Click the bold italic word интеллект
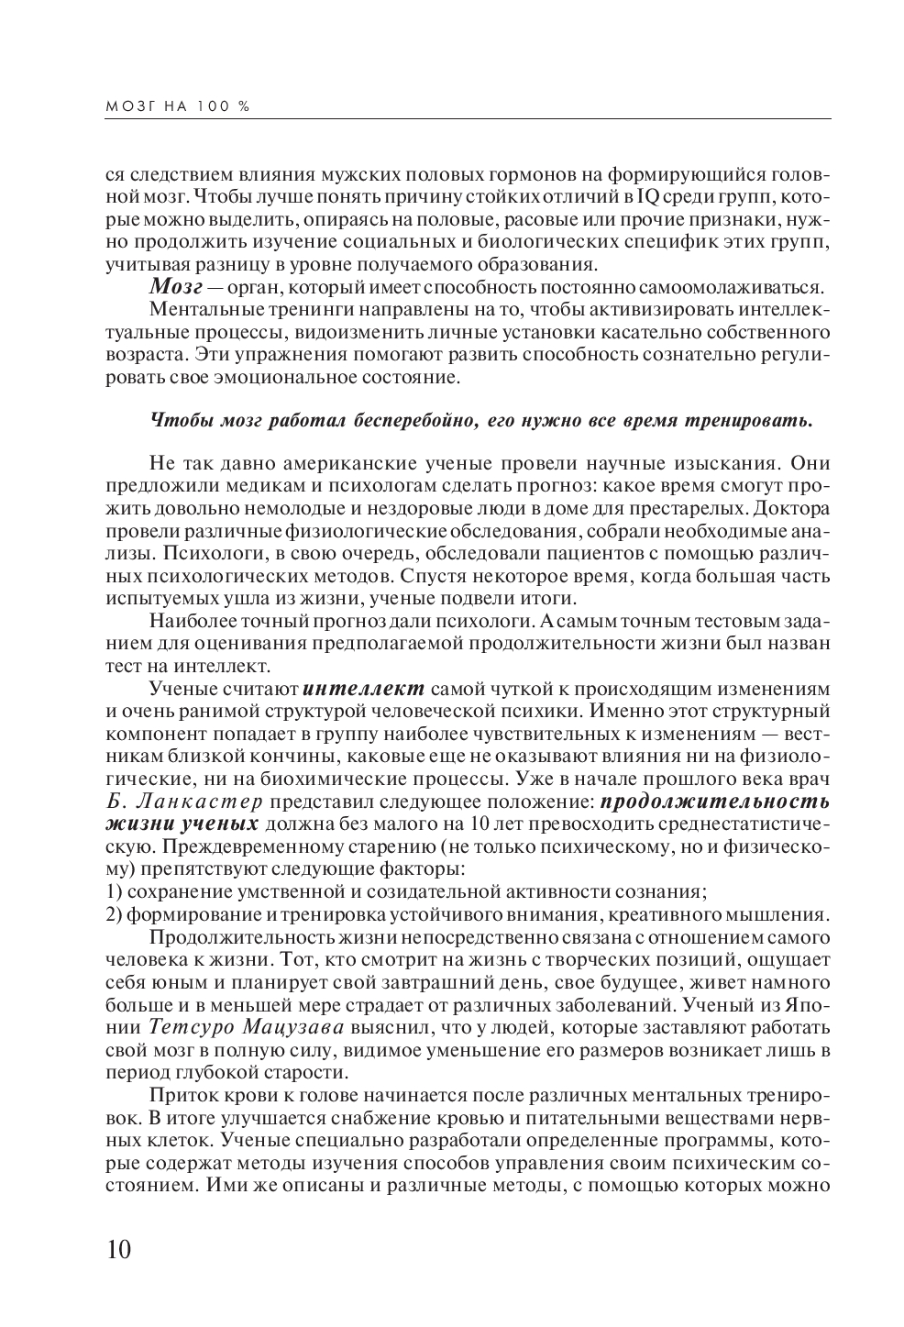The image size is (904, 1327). coord(363,689)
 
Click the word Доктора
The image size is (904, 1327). coord(799,509)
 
